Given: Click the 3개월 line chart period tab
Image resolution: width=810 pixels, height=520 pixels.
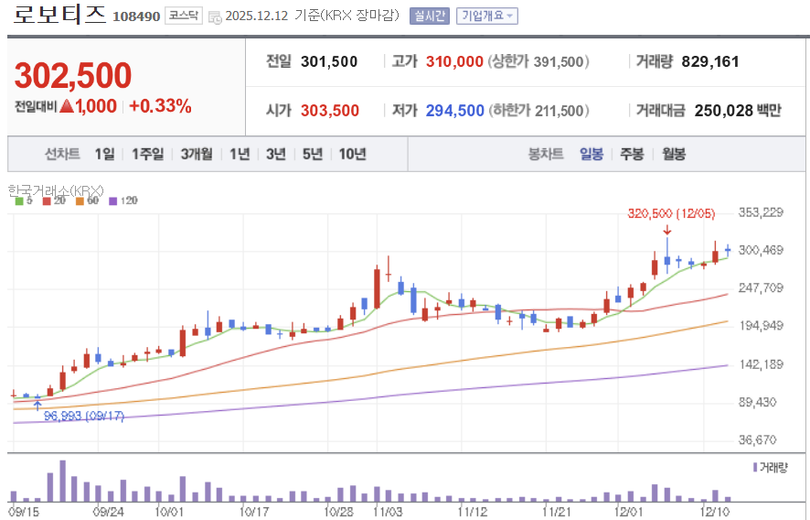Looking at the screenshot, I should click(x=197, y=154).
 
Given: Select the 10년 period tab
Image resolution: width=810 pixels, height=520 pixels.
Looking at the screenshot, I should click(x=352, y=154).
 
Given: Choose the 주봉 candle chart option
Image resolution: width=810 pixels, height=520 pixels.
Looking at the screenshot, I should click(x=632, y=154).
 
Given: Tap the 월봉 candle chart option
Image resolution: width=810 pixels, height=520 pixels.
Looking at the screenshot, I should click(x=674, y=154).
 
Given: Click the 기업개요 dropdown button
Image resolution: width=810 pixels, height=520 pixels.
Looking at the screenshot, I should click(x=487, y=16).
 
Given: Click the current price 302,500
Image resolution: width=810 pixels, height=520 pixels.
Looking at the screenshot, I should click(x=73, y=77).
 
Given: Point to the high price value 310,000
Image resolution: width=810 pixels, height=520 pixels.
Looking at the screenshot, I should click(x=454, y=62).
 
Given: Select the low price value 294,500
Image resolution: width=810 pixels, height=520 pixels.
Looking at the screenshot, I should click(x=454, y=111).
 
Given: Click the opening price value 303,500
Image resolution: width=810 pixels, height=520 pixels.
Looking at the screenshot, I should click(x=330, y=111).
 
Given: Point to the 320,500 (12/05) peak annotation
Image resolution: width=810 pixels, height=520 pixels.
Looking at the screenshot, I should click(x=671, y=213).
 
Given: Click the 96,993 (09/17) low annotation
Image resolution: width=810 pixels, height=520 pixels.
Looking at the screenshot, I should click(x=83, y=416).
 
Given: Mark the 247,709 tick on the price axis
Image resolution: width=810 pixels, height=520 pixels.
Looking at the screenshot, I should click(x=761, y=287).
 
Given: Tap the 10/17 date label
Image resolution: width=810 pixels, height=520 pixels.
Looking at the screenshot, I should click(x=253, y=510).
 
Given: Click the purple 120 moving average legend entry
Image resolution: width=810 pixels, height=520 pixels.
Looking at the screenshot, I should click(x=123, y=200).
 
